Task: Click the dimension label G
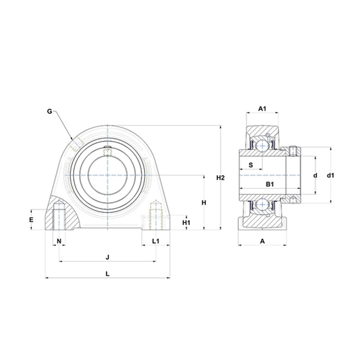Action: tap(49, 111)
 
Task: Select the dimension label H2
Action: tap(220, 178)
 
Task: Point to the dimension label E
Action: tap(31, 220)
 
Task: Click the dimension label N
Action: tap(59, 241)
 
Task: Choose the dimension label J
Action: tap(107, 257)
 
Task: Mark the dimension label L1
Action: tap(156, 241)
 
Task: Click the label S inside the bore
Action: tap(251, 165)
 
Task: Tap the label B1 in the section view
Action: tap(270, 184)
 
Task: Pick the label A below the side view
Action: tap(262, 241)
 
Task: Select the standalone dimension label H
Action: tap(204, 203)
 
